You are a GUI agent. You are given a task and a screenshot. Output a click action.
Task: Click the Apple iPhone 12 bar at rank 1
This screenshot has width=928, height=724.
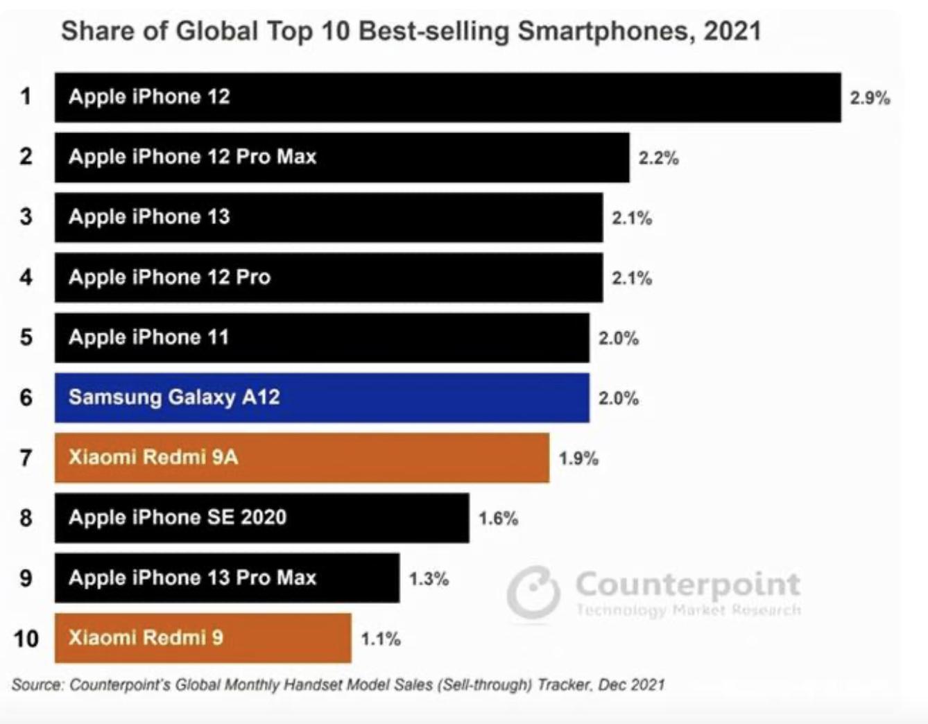click(x=447, y=97)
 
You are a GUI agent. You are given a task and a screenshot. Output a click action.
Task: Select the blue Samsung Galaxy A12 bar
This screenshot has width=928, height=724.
click(x=322, y=397)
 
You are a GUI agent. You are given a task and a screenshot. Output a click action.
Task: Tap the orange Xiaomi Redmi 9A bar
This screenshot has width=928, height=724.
click(x=302, y=458)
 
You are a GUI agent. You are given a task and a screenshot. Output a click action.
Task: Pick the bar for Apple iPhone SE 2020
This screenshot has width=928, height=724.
click(x=261, y=518)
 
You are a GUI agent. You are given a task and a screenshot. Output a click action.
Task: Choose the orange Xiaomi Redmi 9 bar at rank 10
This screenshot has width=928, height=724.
click(x=203, y=638)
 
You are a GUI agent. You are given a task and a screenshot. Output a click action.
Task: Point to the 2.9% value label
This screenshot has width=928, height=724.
click(x=870, y=98)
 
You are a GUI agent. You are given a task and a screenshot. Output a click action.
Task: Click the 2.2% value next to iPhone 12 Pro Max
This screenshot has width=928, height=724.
click(x=658, y=158)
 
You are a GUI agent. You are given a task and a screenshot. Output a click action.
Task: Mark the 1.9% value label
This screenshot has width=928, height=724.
click(x=578, y=458)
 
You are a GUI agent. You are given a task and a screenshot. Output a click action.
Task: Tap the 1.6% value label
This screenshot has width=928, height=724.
click(x=498, y=519)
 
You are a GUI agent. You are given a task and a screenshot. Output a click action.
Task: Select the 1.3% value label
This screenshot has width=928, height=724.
click(x=429, y=578)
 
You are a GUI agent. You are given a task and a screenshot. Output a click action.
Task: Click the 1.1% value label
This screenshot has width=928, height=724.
click(x=380, y=639)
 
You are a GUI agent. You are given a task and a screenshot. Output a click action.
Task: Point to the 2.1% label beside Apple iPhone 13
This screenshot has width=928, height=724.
click(x=631, y=218)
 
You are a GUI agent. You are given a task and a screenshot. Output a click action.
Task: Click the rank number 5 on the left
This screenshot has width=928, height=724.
click(x=26, y=338)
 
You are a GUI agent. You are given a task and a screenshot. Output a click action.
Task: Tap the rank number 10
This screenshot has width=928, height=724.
click(x=26, y=638)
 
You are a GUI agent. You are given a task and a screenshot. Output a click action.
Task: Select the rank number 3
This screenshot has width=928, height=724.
click(x=26, y=217)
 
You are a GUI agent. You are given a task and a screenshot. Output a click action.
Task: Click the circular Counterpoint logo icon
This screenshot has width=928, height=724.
click(x=533, y=592)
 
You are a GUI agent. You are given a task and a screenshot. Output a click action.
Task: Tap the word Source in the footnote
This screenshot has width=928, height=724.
click(x=37, y=685)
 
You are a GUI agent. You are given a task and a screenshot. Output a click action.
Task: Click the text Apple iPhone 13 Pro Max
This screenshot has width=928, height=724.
click(x=192, y=578)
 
